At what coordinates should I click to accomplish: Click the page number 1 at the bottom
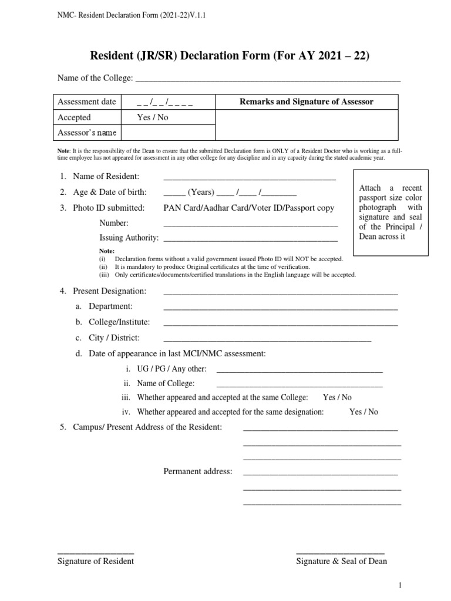[x=400, y=585]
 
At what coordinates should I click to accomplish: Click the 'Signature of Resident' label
[x=96, y=561]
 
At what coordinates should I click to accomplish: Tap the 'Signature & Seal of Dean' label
[x=341, y=561]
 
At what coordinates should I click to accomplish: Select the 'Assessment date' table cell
[x=87, y=102]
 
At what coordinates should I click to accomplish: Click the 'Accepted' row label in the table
[x=74, y=117]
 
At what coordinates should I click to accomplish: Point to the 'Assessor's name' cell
[x=87, y=133]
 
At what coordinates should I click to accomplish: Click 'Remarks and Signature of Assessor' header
[x=306, y=102]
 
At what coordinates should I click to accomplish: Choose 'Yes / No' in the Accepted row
[x=153, y=117]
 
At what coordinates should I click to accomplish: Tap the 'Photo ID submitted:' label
[x=109, y=208]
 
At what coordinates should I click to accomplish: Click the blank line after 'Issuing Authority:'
[x=250, y=239]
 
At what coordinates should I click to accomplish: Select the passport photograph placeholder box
[x=391, y=212]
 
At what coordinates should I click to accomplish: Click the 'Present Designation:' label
[x=109, y=291]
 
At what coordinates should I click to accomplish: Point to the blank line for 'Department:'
[x=280, y=308]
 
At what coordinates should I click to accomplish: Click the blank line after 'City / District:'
[x=267, y=339]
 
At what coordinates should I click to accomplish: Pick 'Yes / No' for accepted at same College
[x=338, y=397]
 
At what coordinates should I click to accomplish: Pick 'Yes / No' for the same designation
[x=364, y=412]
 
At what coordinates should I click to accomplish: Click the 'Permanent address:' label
[x=198, y=471]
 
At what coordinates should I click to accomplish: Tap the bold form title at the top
[x=229, y=56]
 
